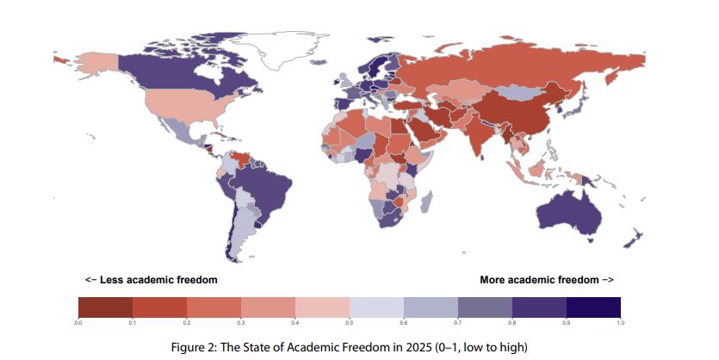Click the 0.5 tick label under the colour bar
350,322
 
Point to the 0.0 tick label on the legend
78,322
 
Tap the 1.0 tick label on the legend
620,322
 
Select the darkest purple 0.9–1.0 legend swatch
593,307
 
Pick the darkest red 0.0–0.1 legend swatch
105,307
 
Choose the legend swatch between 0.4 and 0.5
322,307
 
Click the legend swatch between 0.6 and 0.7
431,307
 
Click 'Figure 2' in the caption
217,346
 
